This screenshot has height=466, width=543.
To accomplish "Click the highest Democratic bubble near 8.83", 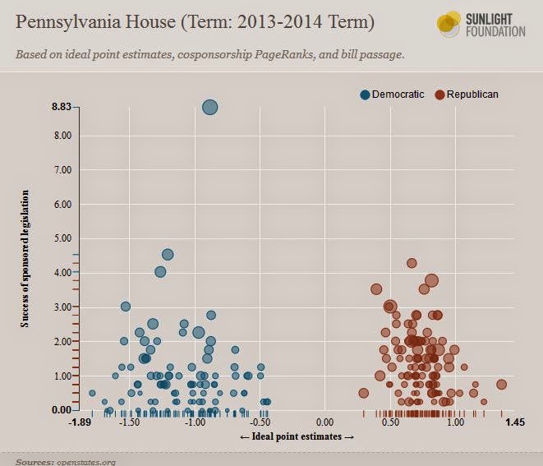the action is point(209,107).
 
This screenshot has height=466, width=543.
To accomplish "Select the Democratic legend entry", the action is point(392,95).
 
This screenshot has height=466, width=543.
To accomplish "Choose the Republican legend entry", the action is point(467,95).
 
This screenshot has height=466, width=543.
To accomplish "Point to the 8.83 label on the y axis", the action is point(62,107).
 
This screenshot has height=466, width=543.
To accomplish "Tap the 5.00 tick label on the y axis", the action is point(62,238).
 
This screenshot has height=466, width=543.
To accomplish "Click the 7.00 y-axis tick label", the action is point(62,170).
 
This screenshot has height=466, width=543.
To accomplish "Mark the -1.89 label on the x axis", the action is point(80,422).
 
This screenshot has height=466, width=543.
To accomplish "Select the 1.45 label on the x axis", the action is point(515,422).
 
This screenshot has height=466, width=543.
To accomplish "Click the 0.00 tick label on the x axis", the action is point(324,422).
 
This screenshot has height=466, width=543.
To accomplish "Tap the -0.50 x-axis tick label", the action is point(260,422).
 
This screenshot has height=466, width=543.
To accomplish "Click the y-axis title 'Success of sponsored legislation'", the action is point(25,258).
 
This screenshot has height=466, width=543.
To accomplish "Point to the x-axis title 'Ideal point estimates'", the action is point(297,436).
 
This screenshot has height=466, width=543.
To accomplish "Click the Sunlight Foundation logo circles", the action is point(449,24).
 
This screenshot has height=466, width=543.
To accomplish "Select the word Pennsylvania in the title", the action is point(67,22).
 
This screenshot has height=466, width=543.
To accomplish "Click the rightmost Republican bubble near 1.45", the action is point(501,385).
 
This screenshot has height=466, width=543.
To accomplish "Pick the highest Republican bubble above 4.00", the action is point(412,263).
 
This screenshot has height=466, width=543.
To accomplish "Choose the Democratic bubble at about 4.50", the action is point(168,255).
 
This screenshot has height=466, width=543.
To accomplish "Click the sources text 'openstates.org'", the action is point(86,462).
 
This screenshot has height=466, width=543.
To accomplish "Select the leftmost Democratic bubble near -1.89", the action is point(92,393).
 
